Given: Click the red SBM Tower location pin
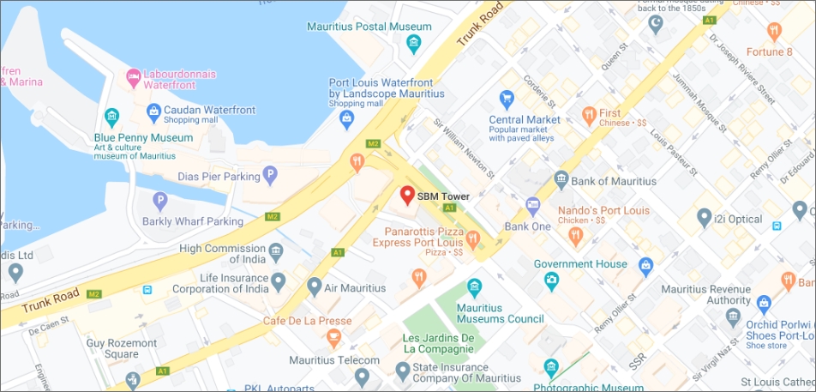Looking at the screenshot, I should pyautogui.click(x=408, y=196).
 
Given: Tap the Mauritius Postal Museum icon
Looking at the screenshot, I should pyautogui.click(x=415, y=43).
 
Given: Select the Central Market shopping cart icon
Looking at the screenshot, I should pyautogui.click(x=506, y=99).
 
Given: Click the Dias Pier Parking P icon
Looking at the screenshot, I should pyautogui.click(x=271, y=176).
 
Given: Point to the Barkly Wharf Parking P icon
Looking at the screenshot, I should pyautogui.click(x=159, y=202).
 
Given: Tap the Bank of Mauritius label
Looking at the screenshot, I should pyautogui.click(x=615, y=181).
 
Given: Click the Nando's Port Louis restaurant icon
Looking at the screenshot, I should pyautogui.click(x=576, y=233).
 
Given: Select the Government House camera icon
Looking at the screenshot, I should pyautogui.click(x=551, y=280).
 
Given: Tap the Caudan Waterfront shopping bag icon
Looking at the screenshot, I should pyautogui.click(x=153, y=110).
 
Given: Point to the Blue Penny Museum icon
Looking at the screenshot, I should pyautogui.click(x=111, y=118).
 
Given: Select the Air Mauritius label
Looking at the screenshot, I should pyautogui.click(x=356, y=288).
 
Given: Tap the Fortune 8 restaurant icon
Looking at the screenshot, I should pyautogui.click(x=775, y=32).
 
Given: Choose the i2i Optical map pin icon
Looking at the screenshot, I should pyautogui.click(x=704, y=218).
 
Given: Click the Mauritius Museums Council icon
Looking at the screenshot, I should pyautogui.click(x=473, y=286).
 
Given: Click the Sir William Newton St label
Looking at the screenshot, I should pyautogui.click(x=463, y=151).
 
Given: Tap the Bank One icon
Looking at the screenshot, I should pyautogui.click(x=532, y=206).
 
